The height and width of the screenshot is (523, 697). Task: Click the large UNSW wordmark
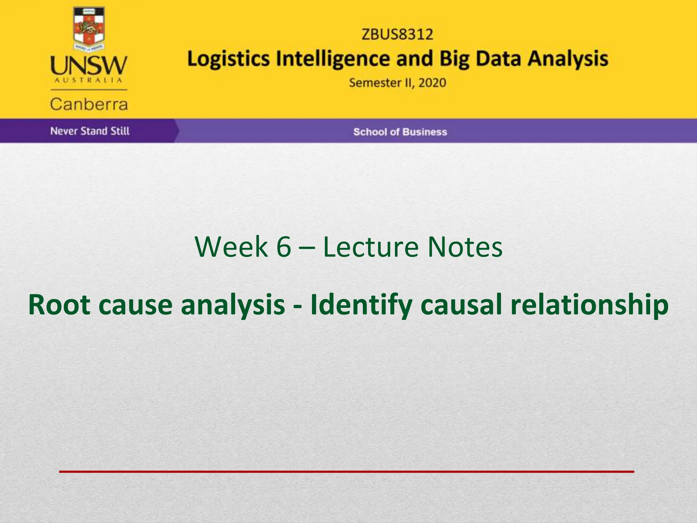click(x=89, y=66)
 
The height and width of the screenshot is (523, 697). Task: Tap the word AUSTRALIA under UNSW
click(x=88, y=80)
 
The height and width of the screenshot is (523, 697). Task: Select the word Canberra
click(x=89, y=104)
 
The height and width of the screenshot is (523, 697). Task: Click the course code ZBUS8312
click(x=397, y=34)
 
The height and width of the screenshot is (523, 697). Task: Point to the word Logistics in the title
click(x=229, y=59)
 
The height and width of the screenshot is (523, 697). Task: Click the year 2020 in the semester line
click(x=432, y=83)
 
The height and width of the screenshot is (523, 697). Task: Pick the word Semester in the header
click(x=375, y=83)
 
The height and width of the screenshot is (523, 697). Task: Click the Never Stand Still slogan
click(x=90, y=131)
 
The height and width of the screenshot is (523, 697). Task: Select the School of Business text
click(x=400, y=132)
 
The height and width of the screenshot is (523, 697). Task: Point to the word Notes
click(x=465, y=247)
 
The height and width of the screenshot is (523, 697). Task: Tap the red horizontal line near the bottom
click(x=346, y=472)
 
